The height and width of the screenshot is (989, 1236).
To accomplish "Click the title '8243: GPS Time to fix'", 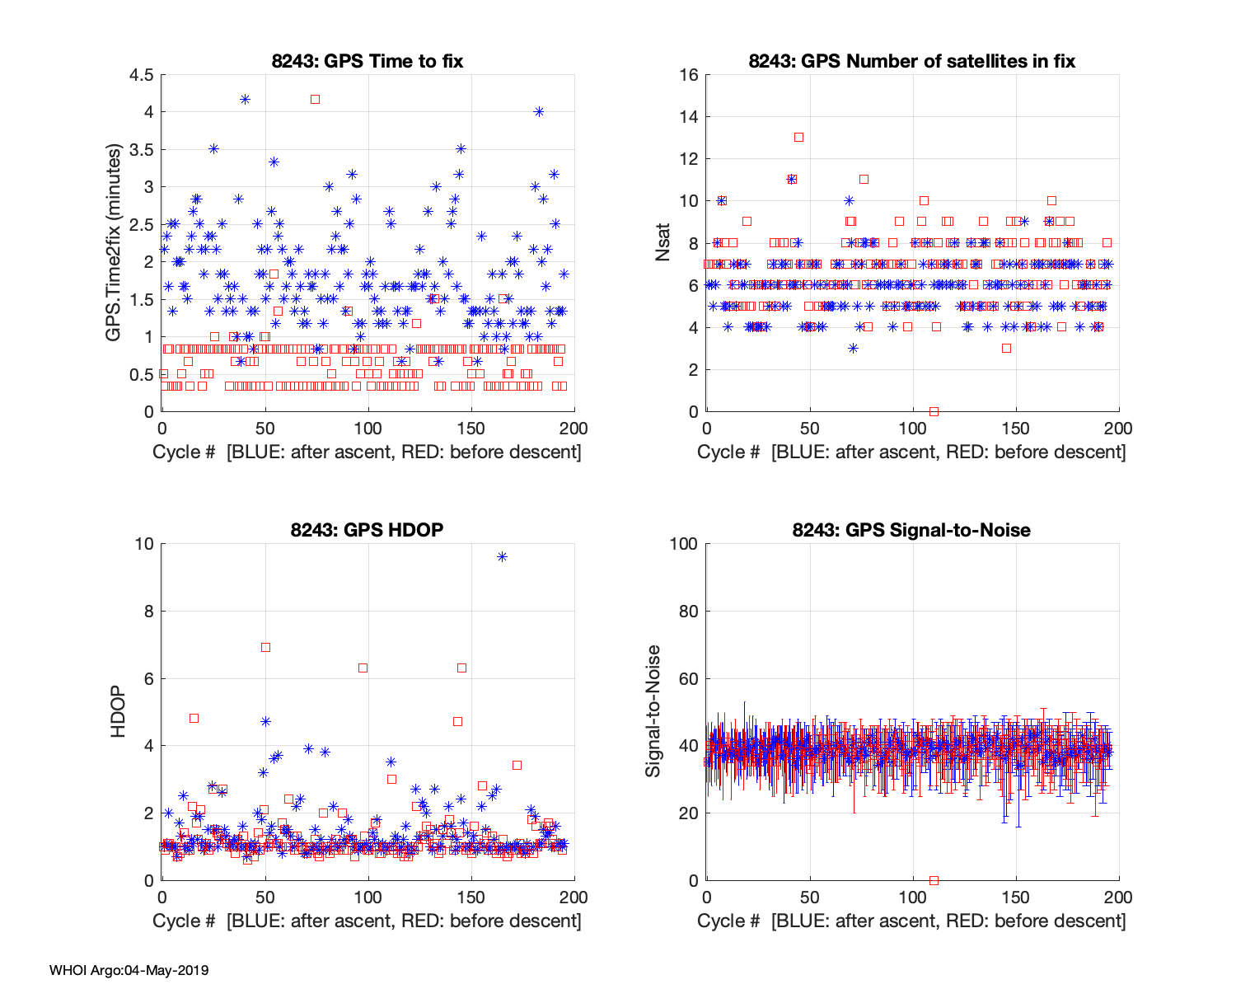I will [368, 61].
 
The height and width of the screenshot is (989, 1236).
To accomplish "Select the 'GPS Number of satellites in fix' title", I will [912, 61].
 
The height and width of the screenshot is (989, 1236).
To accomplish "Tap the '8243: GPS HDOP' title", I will [368, 530].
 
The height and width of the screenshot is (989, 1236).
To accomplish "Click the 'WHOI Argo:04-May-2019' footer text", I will [129, 970].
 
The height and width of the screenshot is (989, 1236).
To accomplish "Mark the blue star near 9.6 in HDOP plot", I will [502, 557].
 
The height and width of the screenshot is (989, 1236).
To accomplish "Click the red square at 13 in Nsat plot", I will [798, 138].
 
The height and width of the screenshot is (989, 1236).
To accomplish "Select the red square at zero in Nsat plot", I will [934, 411].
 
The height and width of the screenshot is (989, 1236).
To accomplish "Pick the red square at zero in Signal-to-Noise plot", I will [934, 880].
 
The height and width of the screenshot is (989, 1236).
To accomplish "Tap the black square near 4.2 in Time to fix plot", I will [315, 99].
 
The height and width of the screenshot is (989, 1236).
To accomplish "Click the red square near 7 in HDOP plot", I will [265, 647].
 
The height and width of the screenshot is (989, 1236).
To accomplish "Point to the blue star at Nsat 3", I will [853, 349].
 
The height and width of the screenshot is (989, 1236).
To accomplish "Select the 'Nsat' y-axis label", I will [663, 243].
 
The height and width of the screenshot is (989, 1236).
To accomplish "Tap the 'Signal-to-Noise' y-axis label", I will [653, 711].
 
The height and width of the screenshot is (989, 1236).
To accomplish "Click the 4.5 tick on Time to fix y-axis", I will [141, 75].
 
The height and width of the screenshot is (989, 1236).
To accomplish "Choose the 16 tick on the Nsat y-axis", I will [689, 75].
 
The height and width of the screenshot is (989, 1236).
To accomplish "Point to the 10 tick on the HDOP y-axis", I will [145, 544].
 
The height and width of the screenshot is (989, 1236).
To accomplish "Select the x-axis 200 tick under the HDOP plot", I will [574, 897].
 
